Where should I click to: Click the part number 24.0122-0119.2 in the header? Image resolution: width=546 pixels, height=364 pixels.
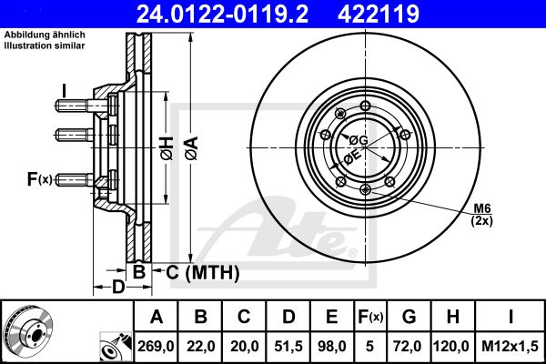click(x=222, y=14)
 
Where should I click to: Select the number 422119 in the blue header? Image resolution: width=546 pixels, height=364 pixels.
click(x=379, y=14)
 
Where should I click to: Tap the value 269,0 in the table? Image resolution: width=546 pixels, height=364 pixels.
click(x=156, y=346)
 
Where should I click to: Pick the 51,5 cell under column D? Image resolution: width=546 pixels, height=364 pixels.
click(x=288, y=346)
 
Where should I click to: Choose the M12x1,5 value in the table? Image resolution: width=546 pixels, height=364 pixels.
click(x=510, y=346)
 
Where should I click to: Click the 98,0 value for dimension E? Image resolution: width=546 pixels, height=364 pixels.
click(x=332, y=346)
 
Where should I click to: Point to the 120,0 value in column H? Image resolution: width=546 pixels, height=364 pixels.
click(x=452, y=346)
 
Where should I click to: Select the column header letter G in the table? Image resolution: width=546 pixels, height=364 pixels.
click(x=409, y=317)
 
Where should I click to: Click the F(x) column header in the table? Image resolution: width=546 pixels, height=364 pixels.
click(x=370, y=317)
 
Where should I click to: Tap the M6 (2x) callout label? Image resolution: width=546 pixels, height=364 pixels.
click(x=482, y=215)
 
